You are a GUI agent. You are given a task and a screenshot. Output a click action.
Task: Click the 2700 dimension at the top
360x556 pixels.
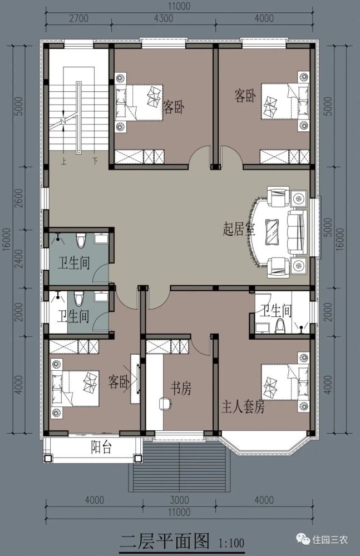tap(78, 18)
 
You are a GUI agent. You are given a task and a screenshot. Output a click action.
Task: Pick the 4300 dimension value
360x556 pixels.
tap(162, 18)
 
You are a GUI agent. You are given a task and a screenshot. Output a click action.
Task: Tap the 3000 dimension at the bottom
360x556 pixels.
tap(180, 499)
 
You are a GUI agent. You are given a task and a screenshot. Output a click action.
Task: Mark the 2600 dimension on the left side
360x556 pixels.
tap(19, 198)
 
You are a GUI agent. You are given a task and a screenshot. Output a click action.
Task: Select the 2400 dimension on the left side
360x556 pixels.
tap(19, 259)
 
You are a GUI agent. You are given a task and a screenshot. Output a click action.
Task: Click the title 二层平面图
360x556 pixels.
tap(165, 540)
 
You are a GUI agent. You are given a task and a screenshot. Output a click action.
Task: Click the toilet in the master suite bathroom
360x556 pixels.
tap(281, 326)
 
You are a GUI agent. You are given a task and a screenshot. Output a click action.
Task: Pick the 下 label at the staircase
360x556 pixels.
tap(95, 161)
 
